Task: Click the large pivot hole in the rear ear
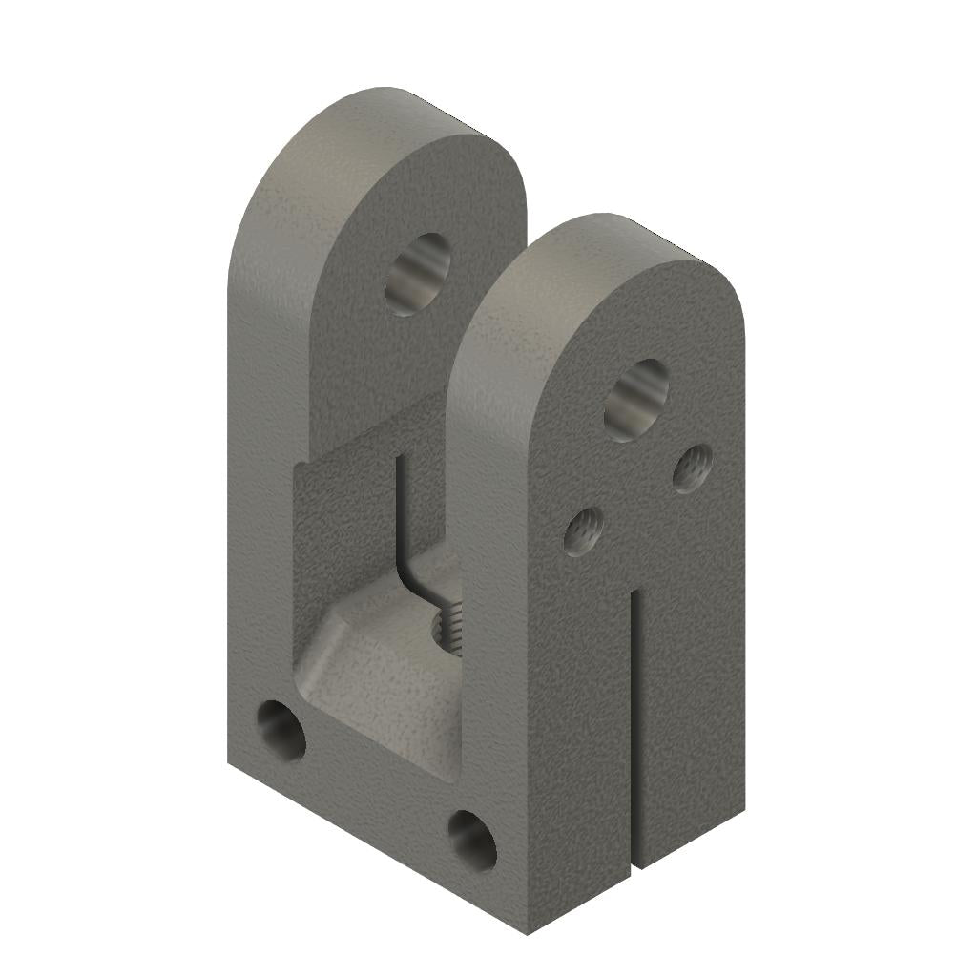click(418, 275)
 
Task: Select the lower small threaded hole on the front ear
click(582, 530)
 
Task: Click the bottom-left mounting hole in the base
click(281, 732)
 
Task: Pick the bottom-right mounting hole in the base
click(472, 840)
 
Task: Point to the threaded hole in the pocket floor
click(447, 628)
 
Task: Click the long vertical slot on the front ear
click(633, 725)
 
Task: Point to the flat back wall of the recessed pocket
click(343, 534)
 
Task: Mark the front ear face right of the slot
click(692, 687)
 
